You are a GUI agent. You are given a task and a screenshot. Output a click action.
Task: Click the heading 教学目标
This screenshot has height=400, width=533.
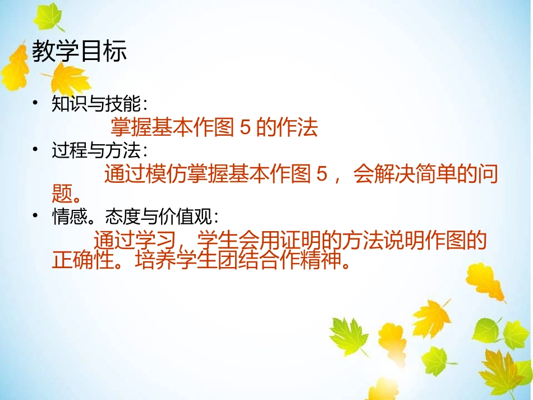(x=79, y=52)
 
